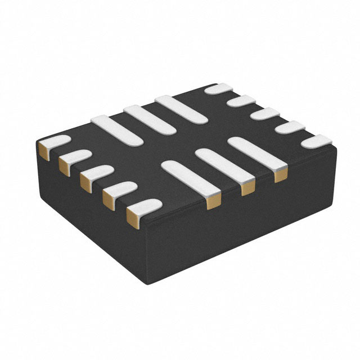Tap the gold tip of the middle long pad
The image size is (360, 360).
pos(247,188)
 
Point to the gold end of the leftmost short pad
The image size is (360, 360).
pos(44,150)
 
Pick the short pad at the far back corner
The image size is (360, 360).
pos(219,88)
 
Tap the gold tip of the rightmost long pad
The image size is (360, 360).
pos(280,175)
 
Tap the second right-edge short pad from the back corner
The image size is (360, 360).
pos(242,101)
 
